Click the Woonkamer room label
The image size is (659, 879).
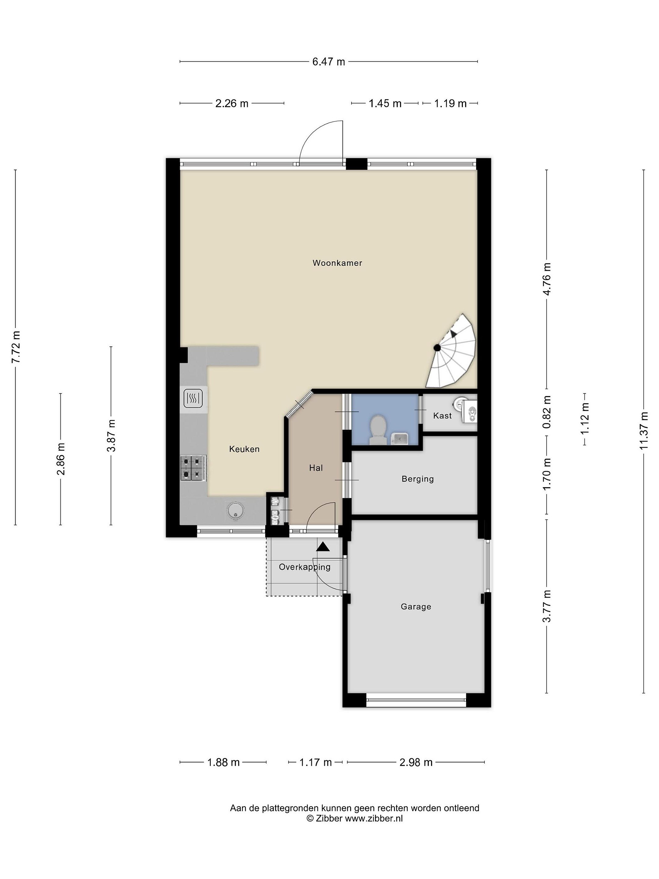pos(337,263)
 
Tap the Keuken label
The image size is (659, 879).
pos(244,449)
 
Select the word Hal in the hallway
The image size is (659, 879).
pos(316,468)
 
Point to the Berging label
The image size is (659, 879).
pos(417,479)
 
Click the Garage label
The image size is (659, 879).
pos(416,607)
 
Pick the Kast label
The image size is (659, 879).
pos(442,416)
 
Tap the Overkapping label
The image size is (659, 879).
pos(305,567)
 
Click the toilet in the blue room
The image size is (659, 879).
pos(378,430)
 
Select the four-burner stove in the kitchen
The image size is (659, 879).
pos(193,468)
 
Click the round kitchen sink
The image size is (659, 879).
pos(236,510)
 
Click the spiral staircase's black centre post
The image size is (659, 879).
pos(437,348)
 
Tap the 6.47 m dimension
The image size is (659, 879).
pos(329,62)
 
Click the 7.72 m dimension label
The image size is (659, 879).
pos(16,347)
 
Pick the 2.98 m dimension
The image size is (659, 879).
pos(416,762)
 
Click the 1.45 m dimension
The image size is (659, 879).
pos(385,103)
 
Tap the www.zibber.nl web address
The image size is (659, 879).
pos(374,818)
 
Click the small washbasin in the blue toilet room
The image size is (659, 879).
pos(398,439)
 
